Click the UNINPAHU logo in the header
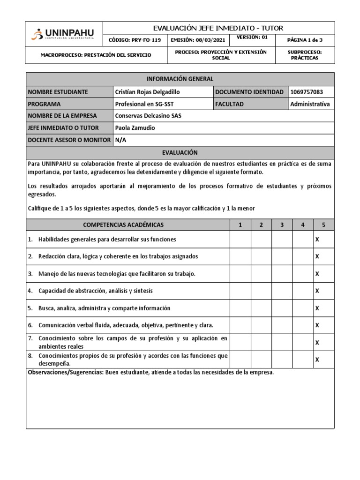tap(63, 34)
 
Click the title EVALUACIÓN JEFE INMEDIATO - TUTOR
tap(218, 28)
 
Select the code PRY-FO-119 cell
tap(135, 40)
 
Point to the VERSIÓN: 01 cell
tap(252, 37)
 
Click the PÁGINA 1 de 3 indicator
tap(305, 40)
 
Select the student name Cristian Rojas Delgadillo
tap(147, 92)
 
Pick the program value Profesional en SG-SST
tap(144, 104)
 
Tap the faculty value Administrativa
tap(310, 104)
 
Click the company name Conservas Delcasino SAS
tap(148, 116)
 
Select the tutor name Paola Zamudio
tap(135, 128)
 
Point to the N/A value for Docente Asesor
tap(120, 140)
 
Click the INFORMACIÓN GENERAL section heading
tap(180, 79)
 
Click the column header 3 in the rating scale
tap(282, 225)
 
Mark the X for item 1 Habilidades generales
tap(317, 240)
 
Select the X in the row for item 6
tap(317, 325)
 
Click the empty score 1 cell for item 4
tap(240, 291)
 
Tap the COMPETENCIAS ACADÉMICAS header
tap(127, 225)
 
